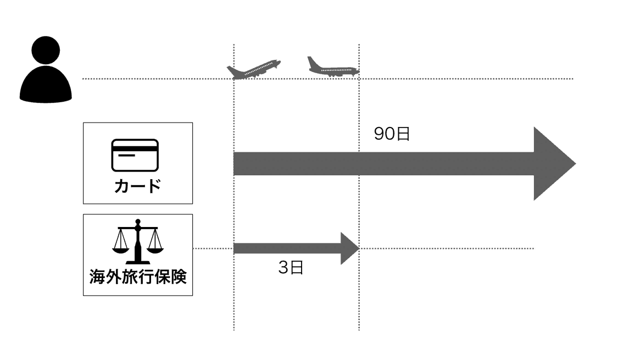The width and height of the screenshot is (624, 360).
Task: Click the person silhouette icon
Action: click(x=46, y=71)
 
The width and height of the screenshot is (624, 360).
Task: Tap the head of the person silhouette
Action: click(x=46, y=54)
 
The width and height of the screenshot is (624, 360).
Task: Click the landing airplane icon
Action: click(x=332, y=68)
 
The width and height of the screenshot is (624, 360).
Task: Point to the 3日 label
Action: click(x=291, y=268)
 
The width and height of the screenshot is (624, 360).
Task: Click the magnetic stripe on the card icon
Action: click(x=135, y=147)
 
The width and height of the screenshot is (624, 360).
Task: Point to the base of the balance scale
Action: click(x=137, y=261)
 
